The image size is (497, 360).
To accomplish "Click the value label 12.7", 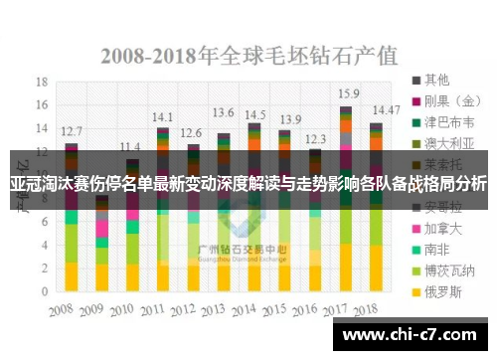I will (x=72, y=130).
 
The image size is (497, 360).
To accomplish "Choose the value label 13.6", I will (x=224, y=112).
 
